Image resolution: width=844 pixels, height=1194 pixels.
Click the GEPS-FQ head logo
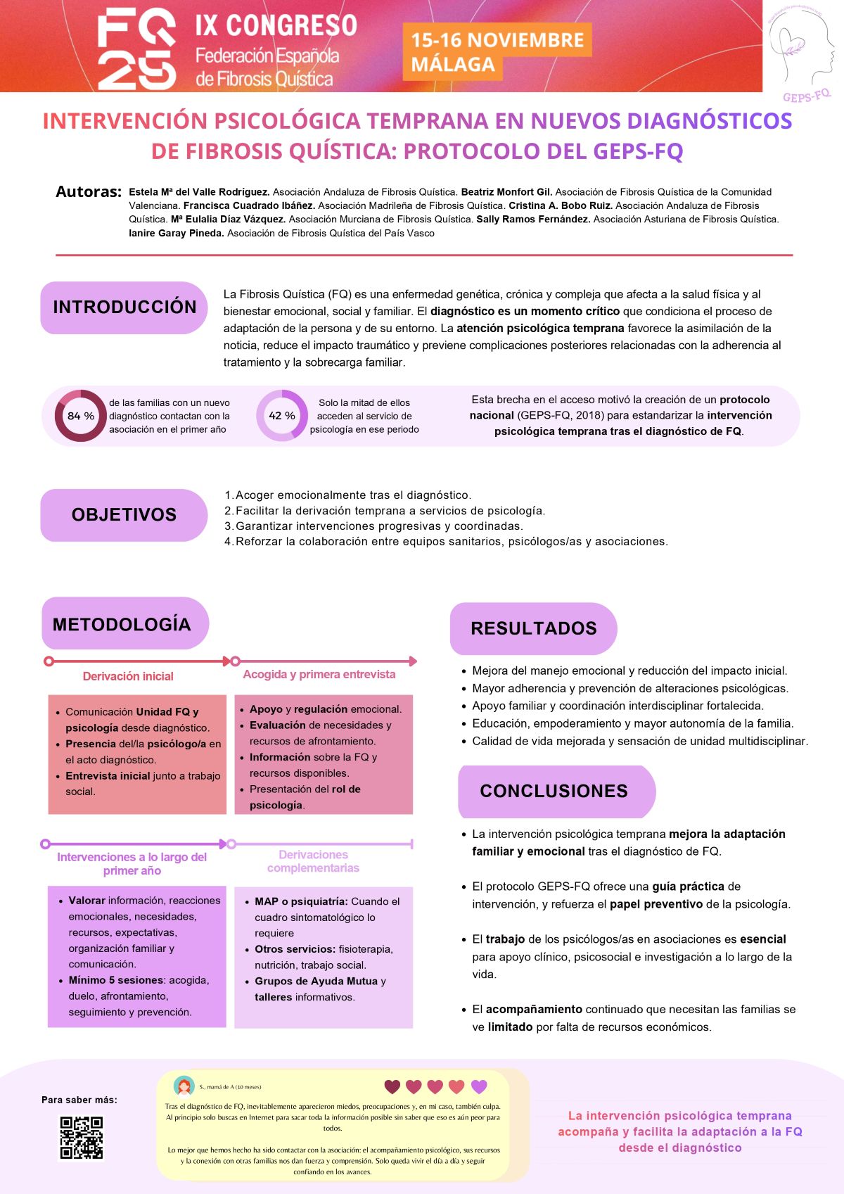point(803,49)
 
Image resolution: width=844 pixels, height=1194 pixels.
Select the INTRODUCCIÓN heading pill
point(124,307)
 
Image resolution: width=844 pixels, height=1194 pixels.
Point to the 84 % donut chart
point(80,416)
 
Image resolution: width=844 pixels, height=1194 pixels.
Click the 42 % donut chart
point(281,416)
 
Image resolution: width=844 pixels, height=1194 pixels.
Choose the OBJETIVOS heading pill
point(124,515)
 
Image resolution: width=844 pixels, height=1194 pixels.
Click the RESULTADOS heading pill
point(533,628)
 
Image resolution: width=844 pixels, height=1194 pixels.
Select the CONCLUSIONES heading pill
point(554,791)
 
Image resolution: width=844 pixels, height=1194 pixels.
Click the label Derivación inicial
point(128,676)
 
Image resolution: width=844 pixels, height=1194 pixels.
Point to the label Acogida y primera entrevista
point(319,674)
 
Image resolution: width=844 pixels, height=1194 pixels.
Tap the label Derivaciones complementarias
point(313,861)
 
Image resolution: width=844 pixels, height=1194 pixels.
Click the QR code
point(81,1138)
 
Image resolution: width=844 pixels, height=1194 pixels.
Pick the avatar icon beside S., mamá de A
point(184,1086)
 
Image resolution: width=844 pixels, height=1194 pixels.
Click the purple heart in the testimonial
point(479,1086)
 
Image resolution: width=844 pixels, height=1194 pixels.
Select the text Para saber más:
point(79,1100)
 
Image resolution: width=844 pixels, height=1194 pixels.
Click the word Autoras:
point(89,192)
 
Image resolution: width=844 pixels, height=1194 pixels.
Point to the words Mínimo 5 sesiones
point(115,980)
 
